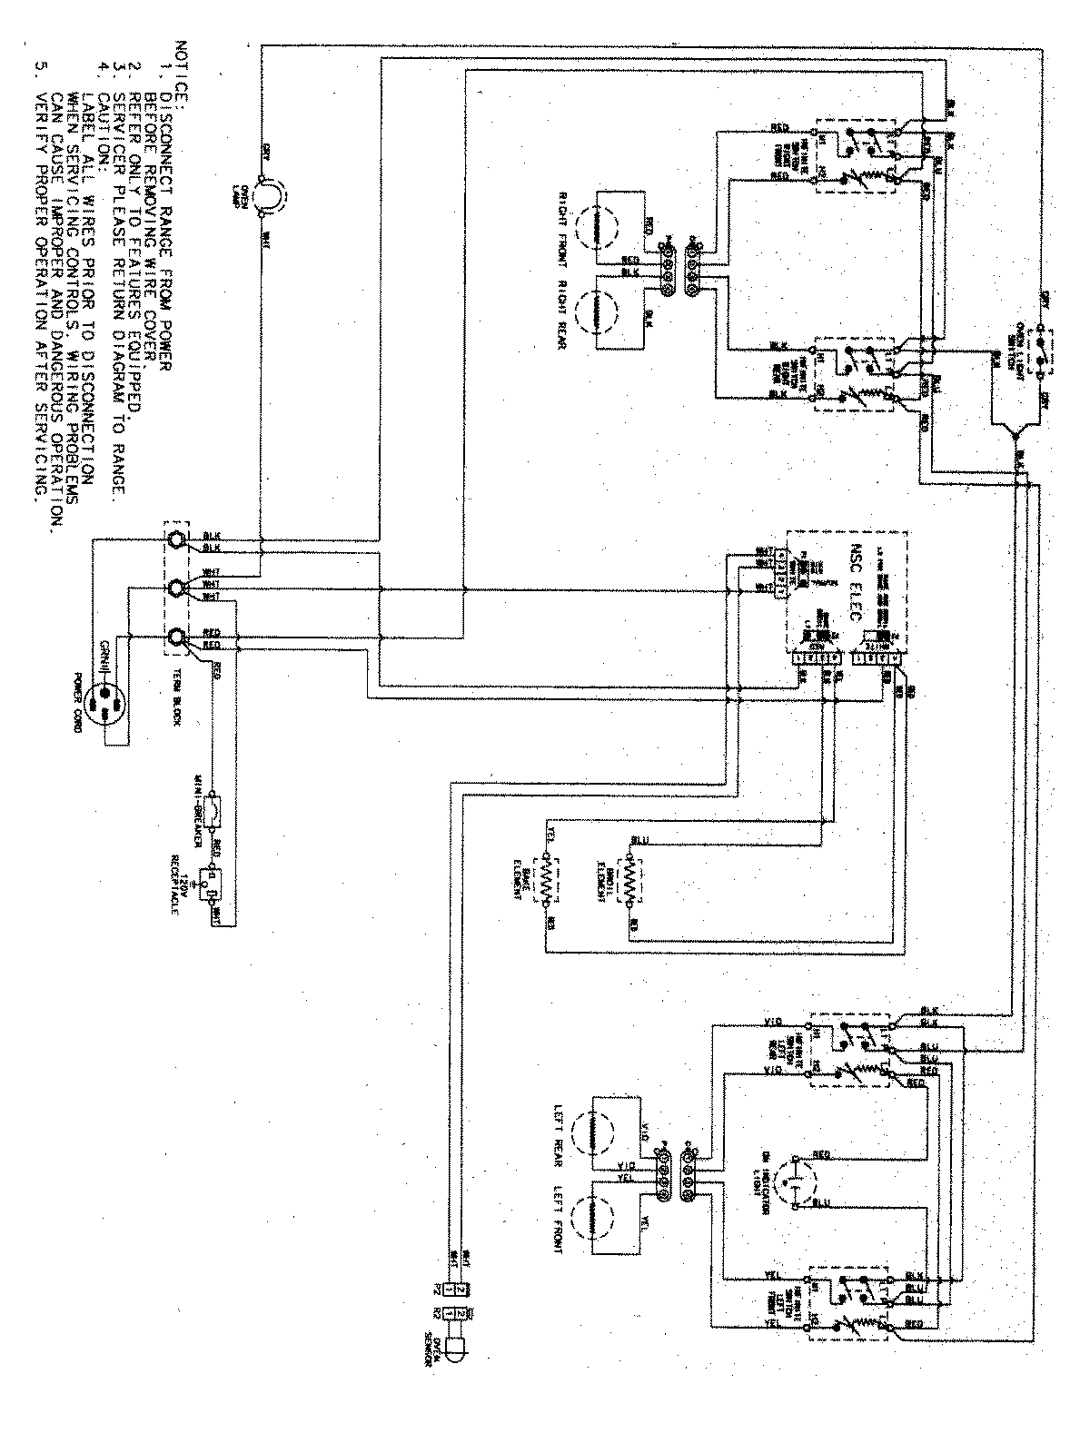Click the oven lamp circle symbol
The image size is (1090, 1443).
tap(268, 193)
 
